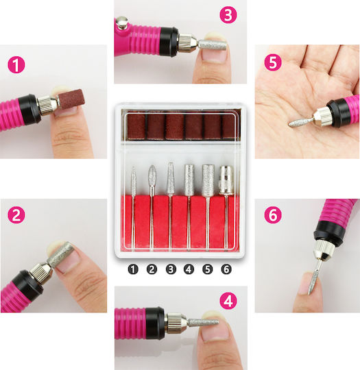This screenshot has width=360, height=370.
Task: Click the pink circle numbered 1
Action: pos(16,65)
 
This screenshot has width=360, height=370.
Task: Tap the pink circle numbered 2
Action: pos(16,215)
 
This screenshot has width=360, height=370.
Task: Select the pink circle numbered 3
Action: pos(228,14)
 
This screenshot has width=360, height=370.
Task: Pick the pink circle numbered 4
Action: pos(228,301)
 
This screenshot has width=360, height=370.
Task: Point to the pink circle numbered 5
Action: pos(273,62)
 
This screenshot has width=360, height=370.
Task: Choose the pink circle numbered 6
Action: pos(273,214)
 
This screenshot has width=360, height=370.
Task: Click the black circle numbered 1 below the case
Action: pos(133,269)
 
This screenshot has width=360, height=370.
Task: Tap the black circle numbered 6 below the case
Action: pos(226,269)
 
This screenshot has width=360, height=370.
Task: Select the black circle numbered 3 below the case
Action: pos(171,269)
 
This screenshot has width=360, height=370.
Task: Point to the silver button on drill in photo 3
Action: pos(122,23)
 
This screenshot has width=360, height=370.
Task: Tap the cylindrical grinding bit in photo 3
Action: pos(212,45)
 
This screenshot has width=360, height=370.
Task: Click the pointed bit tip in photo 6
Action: pos(309,294)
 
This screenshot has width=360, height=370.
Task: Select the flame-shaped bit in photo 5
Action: pos(301,121)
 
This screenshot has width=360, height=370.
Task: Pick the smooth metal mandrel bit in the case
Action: pos(226,180)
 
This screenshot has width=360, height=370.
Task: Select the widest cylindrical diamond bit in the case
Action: pos(208,180)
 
